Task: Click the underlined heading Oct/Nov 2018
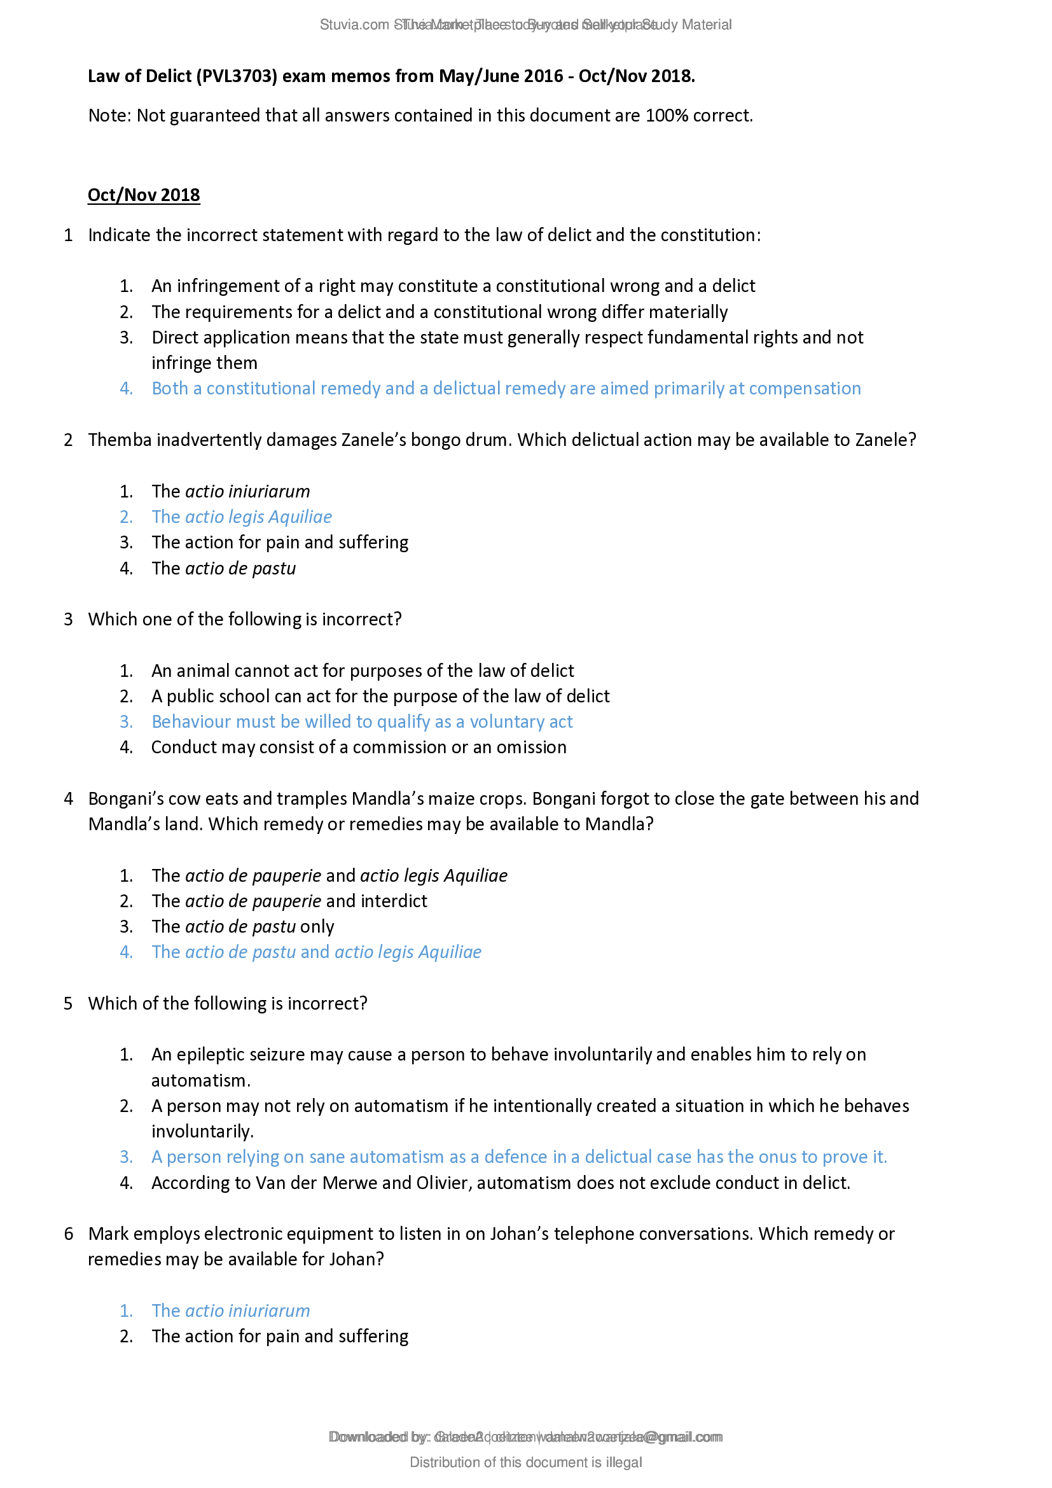pos(143,195)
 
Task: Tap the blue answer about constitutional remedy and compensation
pos(505,388)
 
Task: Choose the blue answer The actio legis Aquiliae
pos(242,517)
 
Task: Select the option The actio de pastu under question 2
pos(223,568)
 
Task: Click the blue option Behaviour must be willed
pos(361,721)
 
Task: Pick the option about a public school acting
pos(380,696)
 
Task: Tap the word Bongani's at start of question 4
pos(120,798)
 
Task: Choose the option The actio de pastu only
pos(243,927)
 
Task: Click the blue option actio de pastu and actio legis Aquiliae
pos(316,952)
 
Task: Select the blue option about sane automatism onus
pos(518,1157)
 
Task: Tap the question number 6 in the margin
pos(69,1234)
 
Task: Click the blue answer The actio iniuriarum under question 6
pos(231,1311)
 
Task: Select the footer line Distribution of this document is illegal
pos(525,1462)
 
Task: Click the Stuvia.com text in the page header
pos(354,25)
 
